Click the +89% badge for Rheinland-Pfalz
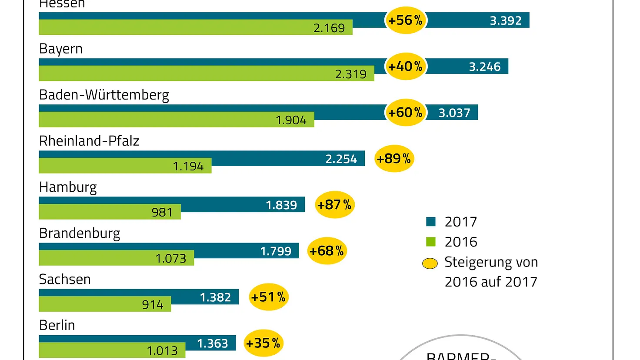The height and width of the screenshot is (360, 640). click(394, 159)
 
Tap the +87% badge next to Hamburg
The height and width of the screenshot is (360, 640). click(334, 205)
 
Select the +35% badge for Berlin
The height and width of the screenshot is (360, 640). click(263, 343)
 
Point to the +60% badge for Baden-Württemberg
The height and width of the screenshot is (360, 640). click(405, 113)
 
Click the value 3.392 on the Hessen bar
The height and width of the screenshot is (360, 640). click(506, 21)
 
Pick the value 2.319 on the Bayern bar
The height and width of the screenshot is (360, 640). click(350, 74)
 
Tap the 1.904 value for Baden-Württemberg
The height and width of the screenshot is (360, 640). click(291, 120)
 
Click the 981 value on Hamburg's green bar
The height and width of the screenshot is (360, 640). click(162, 213)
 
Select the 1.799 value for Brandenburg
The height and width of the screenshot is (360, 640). click(276, 251)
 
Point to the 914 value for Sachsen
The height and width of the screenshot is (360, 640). click(153, 305)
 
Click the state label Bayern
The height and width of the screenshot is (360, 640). click(61, 49)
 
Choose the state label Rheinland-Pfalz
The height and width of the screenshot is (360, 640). click(89, 141)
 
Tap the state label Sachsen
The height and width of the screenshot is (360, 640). click(65, 279)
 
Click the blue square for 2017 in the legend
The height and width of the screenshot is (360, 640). click(431, 222)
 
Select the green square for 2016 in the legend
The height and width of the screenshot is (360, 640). click(431, 242)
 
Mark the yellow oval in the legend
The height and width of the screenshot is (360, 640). click(430, 263)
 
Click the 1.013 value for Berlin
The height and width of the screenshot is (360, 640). click(162, 351)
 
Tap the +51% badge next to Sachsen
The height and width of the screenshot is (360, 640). click(268, 297)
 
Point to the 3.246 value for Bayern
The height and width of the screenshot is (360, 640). click(484, 67)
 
